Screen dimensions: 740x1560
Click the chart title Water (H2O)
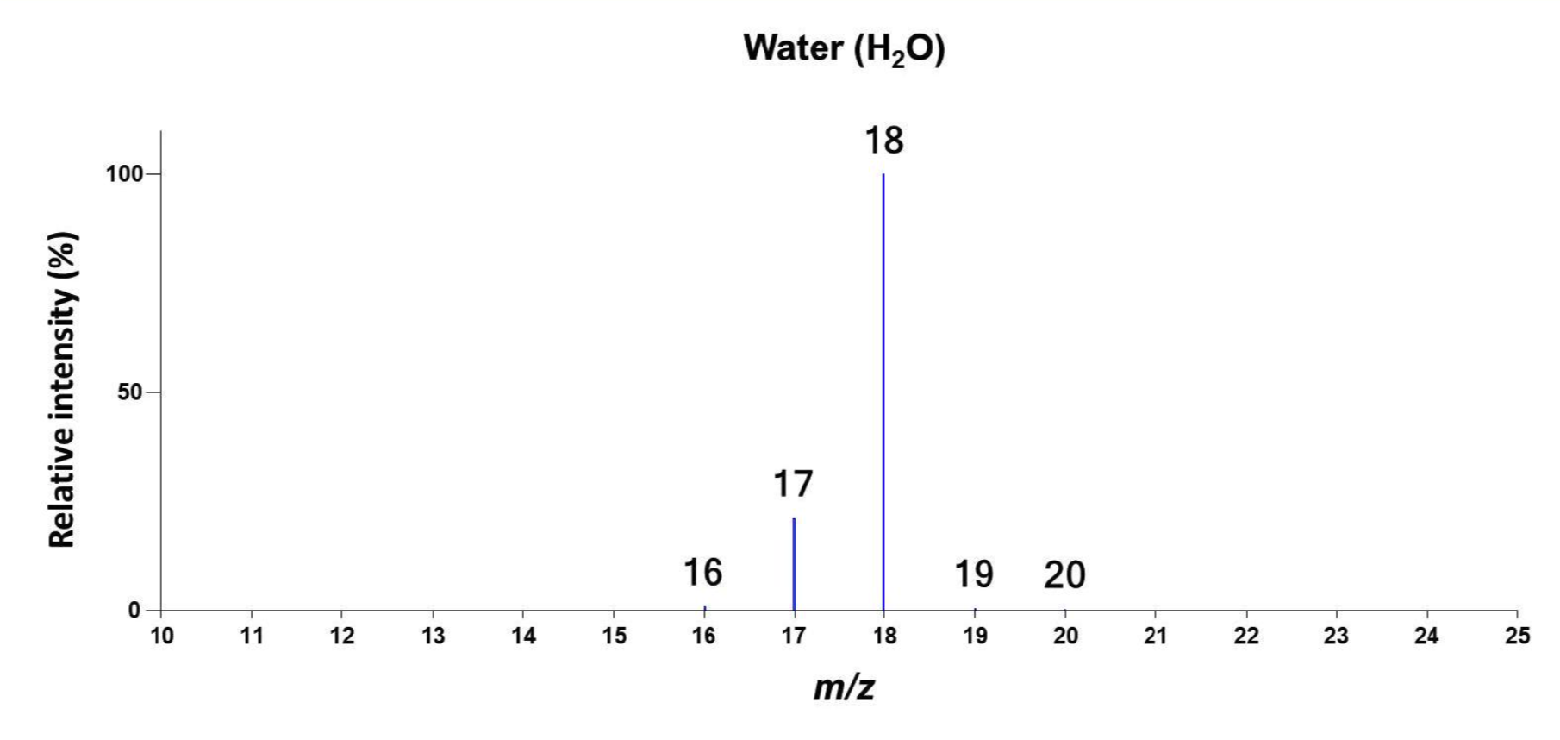(x=844, y=49)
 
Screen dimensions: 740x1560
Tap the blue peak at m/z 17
(x=794, y=564)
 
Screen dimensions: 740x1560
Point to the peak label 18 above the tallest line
(x=884, y=141)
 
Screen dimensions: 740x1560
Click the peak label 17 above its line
(x=793, y=485)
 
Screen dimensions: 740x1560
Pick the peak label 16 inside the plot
(x=703, y=573)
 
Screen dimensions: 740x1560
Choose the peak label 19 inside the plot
(x=974, y=574)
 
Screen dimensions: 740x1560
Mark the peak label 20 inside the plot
(x=1064, y=575)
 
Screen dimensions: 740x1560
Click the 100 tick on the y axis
(x=122, y=174)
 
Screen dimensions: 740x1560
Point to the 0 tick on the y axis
(x=134, y=611)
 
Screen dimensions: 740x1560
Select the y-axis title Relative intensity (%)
(x=63, y=390)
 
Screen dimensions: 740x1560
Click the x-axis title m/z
(x=844, y=687)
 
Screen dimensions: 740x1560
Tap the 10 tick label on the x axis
(x=161, y=637)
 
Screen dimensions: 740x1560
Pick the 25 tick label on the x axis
(x=1518, y=637)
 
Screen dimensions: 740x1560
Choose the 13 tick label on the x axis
(x=433, y=637)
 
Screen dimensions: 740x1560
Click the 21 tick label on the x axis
(x=1156, y=637)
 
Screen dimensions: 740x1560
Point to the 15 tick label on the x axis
(x=614, y=637)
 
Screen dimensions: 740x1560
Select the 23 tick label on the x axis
(x=1337, y=637)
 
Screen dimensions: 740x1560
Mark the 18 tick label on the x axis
(x=884, y=637)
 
